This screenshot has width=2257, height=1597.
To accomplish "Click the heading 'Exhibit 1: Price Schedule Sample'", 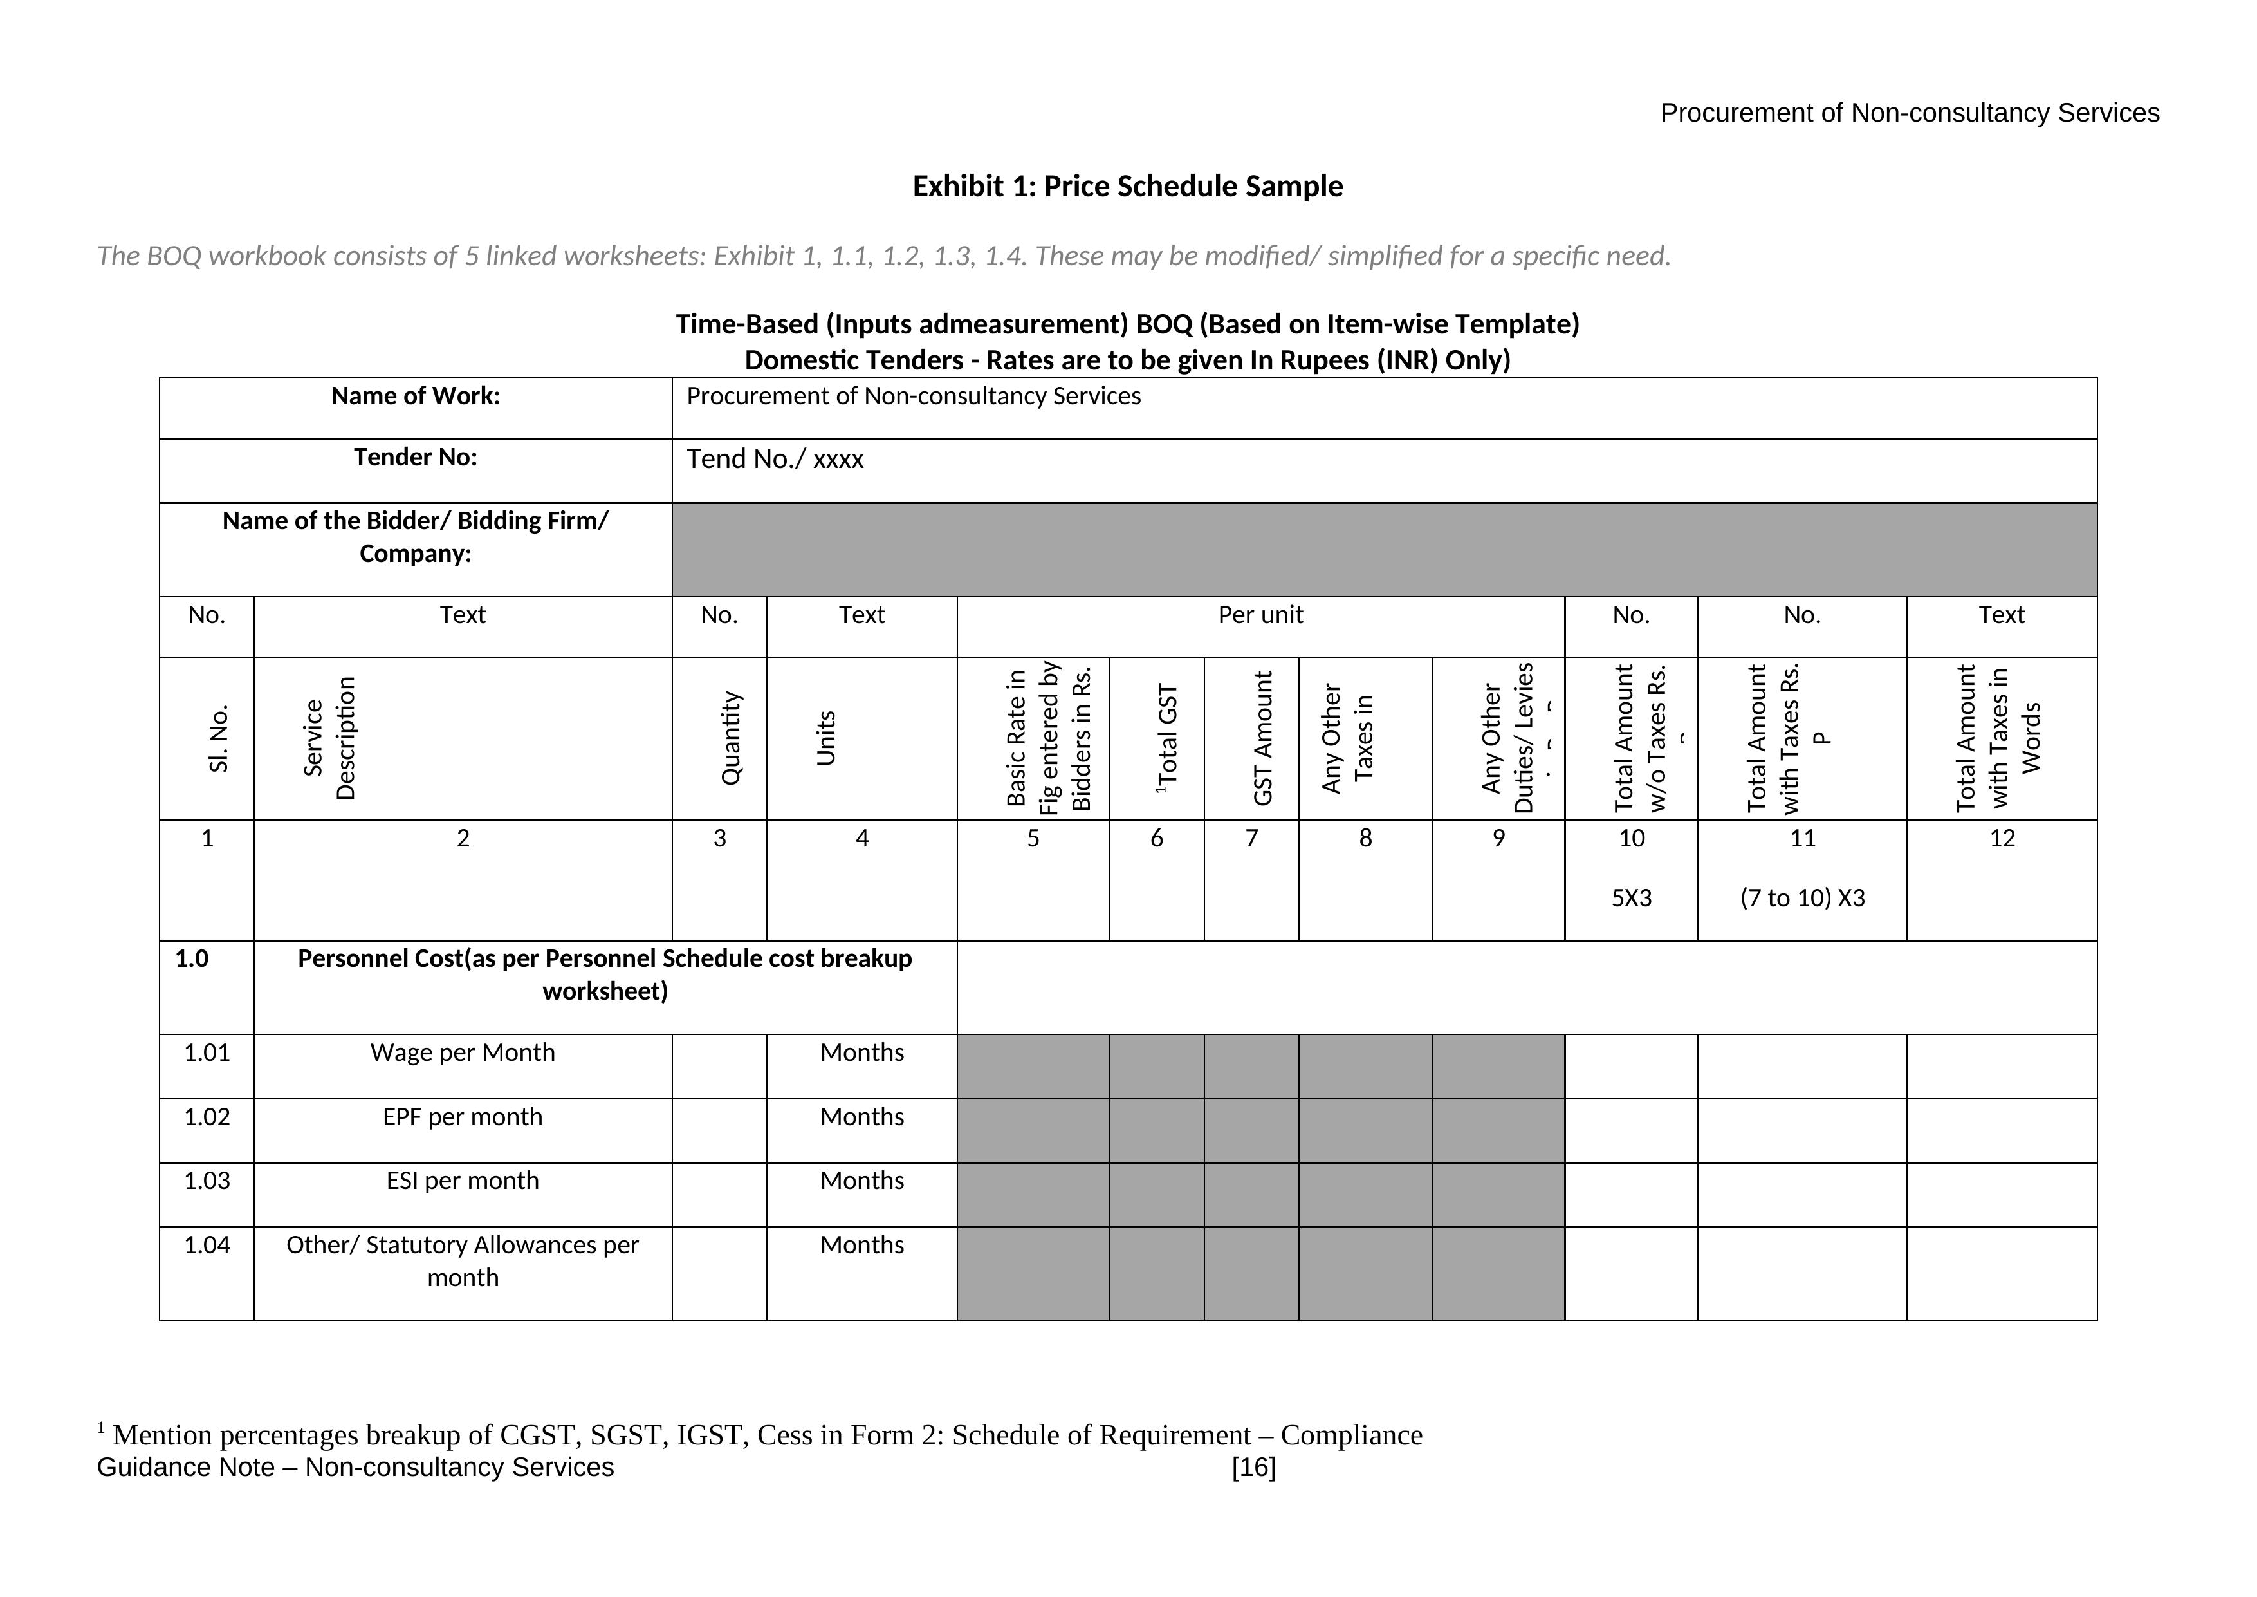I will point(1127,187).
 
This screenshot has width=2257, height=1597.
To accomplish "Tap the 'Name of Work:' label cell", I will point(415,397).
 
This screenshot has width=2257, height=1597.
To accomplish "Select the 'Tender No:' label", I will point(415,457).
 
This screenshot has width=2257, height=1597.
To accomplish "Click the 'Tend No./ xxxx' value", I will point(775,459).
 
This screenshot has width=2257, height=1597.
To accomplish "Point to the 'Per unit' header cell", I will point(1260,615).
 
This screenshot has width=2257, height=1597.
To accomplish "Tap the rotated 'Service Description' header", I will point(329,738).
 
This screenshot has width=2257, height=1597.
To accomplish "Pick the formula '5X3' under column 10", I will point(1631,898).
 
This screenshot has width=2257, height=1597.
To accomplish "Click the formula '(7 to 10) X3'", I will point(1802,898).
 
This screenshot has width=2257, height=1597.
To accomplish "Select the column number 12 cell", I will point(2002,839).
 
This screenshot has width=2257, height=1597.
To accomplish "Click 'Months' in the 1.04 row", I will point(862,1245).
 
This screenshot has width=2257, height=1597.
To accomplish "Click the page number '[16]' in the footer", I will point(1253,1467).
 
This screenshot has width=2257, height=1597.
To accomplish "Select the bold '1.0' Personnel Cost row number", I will point(192,959).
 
